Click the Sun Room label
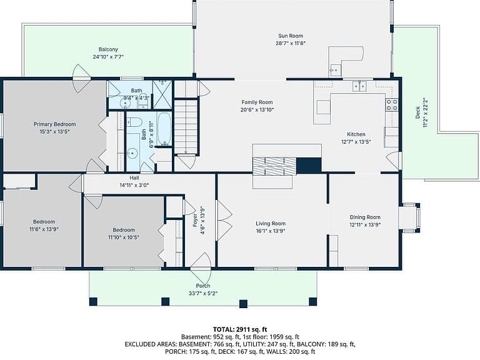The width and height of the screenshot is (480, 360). point(291,36)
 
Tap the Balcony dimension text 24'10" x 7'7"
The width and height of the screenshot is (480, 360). point(108,57)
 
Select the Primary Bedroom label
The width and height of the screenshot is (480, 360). point(55,124)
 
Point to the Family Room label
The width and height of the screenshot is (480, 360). point(257,102)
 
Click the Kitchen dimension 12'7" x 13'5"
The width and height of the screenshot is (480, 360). point(356,142)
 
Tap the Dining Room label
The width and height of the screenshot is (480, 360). point(365,217)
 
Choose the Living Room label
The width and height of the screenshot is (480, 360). point(271,224)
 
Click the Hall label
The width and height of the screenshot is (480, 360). point(134,178)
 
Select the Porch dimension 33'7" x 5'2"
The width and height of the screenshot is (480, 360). point(203,293)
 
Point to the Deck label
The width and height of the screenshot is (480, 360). point(417,112)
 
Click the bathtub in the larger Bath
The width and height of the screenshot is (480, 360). point(164,129)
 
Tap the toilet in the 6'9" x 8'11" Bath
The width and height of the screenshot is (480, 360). point(134,122)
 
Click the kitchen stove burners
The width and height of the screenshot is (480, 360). point(391,104)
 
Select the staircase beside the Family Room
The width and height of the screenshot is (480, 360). point(186,126)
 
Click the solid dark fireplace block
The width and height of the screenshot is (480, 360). point(309,165)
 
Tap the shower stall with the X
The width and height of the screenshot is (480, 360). point(162,94)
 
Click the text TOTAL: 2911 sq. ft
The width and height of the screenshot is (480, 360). point(240,329)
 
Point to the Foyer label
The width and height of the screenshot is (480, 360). point(195,221)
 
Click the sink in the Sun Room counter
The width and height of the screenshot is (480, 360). point(335,71)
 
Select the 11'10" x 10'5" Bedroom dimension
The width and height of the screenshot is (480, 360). point(123,237)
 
